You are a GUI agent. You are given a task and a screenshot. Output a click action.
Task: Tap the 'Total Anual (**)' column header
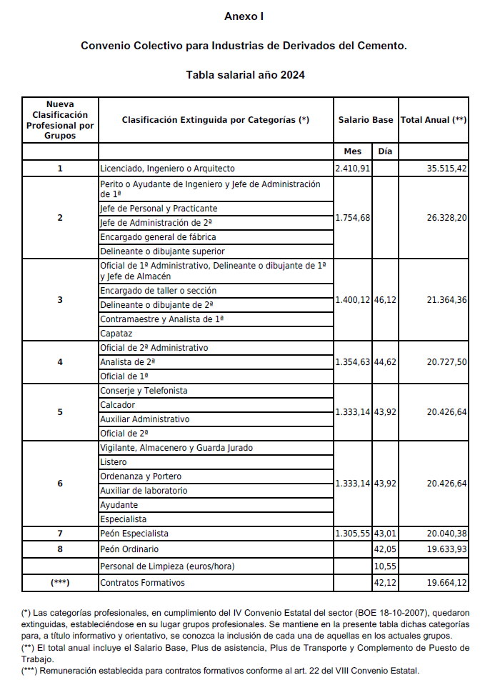click(x=434, y=120)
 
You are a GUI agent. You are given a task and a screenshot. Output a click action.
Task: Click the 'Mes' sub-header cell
click(x=353, y=151)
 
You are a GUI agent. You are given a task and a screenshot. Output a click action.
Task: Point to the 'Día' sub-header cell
click(x=385, y=151)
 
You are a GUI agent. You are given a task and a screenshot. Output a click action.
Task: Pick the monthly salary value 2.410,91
click(x=353, y=169)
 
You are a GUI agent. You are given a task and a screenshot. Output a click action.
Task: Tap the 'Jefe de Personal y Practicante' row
click(x=159, y=209)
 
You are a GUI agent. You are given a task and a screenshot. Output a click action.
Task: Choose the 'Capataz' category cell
click(x=116, y=334)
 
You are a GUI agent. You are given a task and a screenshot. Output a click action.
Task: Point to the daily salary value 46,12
click(x=385, y=300)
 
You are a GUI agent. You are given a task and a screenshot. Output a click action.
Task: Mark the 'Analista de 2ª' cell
click(x=128, y=362)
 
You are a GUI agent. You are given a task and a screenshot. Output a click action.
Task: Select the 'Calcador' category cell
click(x=118, y=405)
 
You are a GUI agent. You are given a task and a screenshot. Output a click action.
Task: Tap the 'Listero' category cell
click(x=114, y=462)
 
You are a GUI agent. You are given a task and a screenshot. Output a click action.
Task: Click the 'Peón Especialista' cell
click(x=134, y=534)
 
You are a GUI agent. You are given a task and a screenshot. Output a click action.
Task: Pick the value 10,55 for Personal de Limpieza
click(x=385, y=566)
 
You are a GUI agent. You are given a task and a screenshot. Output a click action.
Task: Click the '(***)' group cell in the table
click(x=60, y=583)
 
